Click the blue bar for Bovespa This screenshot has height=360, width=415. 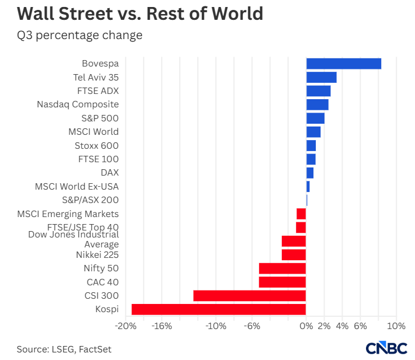coord(344,64)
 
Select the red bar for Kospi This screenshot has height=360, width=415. coord(219,309)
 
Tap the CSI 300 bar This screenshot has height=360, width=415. coord(250,296)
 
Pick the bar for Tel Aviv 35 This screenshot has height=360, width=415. coord(322,78)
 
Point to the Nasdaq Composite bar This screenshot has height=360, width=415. coord(318,105)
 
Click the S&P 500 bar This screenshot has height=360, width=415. coord(316,118)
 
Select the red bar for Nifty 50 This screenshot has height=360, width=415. coord(283,268)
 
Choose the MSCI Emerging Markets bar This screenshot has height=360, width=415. coord(301,214)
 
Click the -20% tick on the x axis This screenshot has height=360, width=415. coord(125,326)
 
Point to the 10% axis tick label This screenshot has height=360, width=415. coord(396,326)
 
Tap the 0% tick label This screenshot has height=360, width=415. coord(306,326)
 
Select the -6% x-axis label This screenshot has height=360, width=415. coord(252,326)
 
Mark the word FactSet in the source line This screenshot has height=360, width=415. coord(95,349)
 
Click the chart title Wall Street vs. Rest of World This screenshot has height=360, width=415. coord(140,13)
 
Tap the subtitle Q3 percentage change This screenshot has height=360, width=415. coord(79,36)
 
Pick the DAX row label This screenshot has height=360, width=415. coord(110,173)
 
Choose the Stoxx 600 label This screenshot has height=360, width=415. coord(97,146)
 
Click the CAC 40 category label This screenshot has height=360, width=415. coord(103,282)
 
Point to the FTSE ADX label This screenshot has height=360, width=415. coord(98,91)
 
